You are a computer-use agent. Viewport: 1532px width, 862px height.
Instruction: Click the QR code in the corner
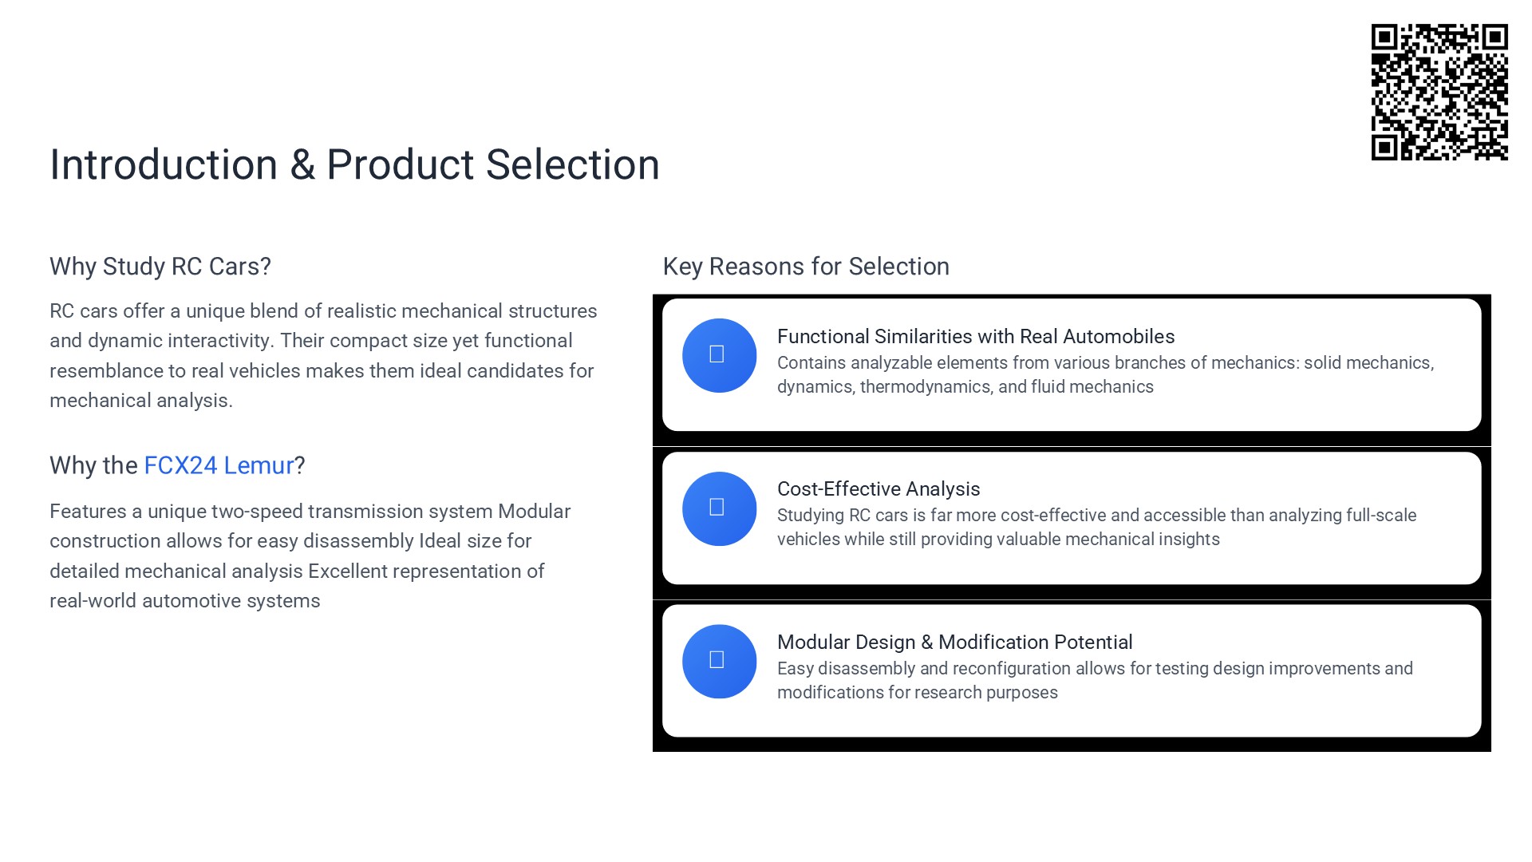pyautogui.click(x=1439, y=92)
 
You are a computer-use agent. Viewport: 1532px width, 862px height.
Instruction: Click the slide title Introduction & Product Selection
pyautogui.click(x=354, y=164)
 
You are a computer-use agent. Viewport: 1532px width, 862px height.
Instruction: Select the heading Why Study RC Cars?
pyautogui.click(x=160, y=267)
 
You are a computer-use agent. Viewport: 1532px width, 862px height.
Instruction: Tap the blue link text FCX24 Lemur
pyautogui.click(x=219, y=465)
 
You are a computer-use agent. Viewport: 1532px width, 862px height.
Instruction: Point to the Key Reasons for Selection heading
pyautogui.click(x=806, y=267)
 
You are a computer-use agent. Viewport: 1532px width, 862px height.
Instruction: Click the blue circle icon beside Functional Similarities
pyautogui.click(x=719, y=355)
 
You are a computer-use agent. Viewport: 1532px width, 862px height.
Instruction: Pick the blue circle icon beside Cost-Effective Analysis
pyautogui.click(x=719, y=508)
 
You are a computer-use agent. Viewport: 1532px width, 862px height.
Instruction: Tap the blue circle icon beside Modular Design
pyautogui.click(x=719, y=661)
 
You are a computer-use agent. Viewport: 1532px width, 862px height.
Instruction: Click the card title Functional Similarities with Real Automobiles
pyautogui.click(x=976, y=337)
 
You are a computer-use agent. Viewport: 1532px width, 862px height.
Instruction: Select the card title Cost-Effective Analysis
pyautogui.click(x=879, y=489)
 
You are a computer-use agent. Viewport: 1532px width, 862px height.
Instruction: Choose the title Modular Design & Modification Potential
pyautogui.click(x=955, y=643)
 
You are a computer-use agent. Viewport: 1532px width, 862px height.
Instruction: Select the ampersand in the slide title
pyautogui.click(x=302, y=165)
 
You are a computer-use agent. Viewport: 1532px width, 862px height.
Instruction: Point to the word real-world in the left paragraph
pyautogui.click(x=93, y=601)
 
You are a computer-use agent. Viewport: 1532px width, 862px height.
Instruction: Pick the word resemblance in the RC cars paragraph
pyautogui.click(x=106, y=371)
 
